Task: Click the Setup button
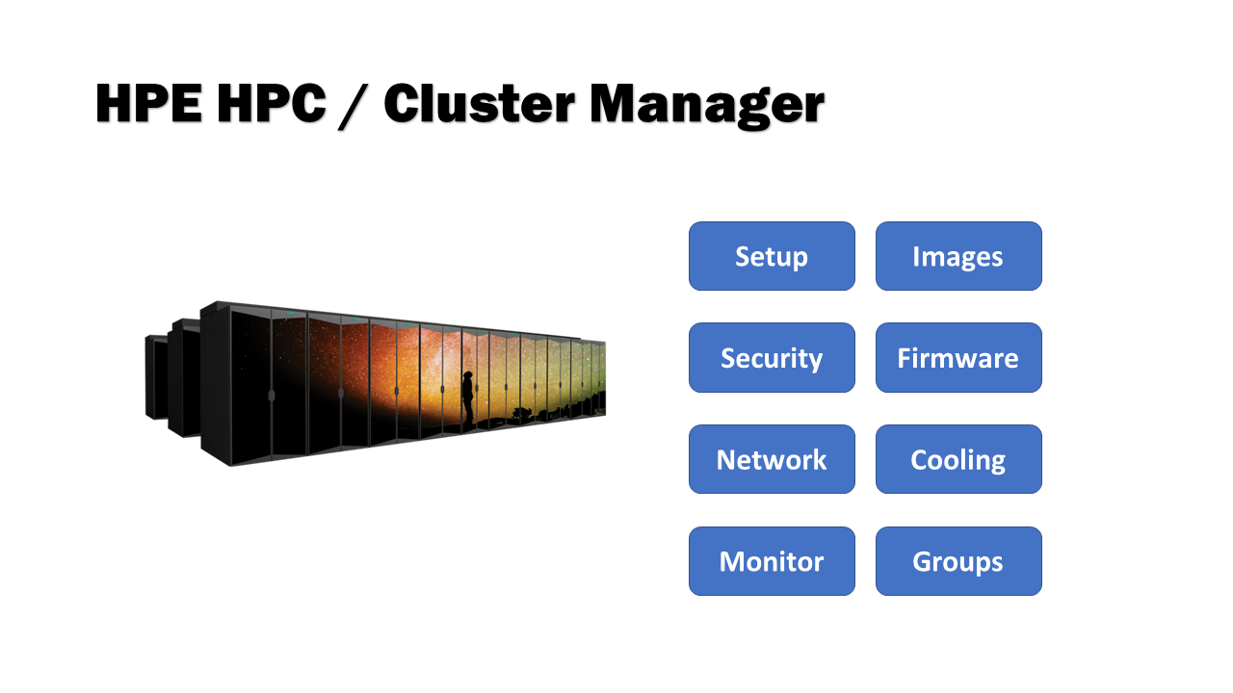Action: point(772,256)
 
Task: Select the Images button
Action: point(958,256)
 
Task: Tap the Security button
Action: point(772,358)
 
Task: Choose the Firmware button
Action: point(958,358)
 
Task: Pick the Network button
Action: point(772,459)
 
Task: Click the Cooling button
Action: point(958,459)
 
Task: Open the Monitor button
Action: point(772,561)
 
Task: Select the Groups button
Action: point(958,561)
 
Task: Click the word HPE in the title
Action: point(148,104)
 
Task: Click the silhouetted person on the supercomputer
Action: point(468,397)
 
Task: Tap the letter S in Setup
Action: point(743,257)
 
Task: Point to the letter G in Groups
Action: point(922,562)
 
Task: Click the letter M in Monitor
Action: point(733,562)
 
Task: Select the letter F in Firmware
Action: point(905,358)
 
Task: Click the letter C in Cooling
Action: point(920,460)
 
